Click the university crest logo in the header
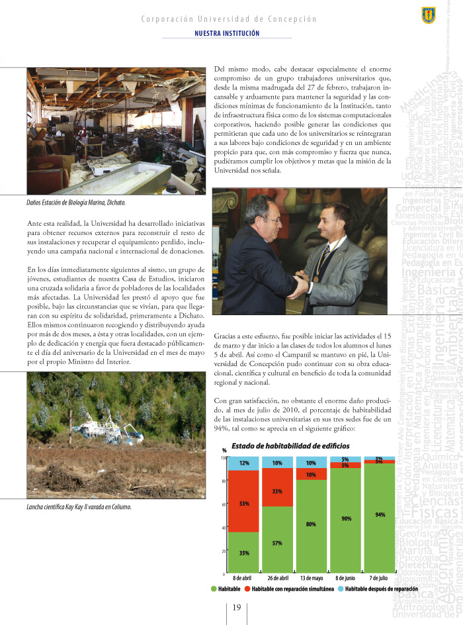coord(428,13)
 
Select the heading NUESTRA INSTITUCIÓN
coord(227,33)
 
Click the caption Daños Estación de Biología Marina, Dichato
coord(72,201)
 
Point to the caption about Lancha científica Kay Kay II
coord(75,488)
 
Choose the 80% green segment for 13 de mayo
coord(311,525)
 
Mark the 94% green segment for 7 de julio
coord(380,514)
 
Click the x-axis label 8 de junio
coord(345,577)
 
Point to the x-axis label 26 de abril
coord(277,577)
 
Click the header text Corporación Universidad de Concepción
coord(229,19)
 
